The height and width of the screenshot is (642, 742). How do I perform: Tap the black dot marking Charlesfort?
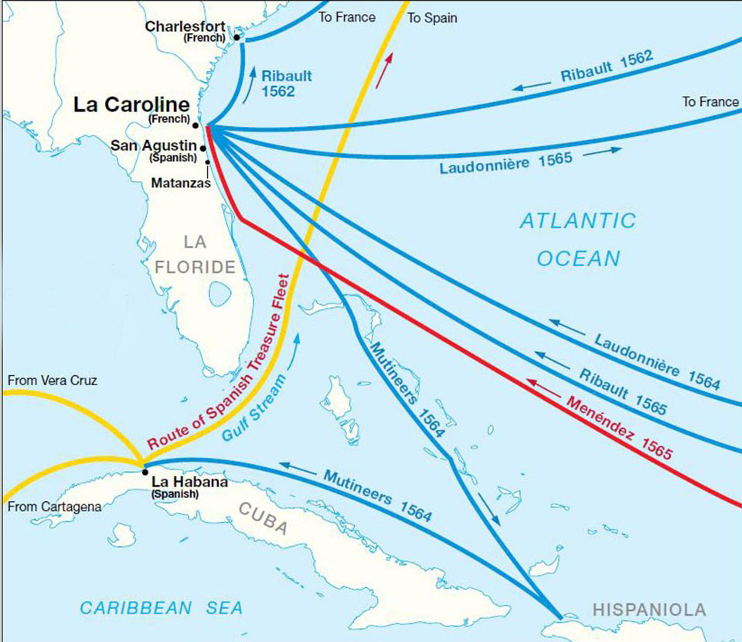237,37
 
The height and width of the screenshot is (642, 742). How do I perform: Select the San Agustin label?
153,145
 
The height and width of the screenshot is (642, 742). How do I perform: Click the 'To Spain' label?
432,18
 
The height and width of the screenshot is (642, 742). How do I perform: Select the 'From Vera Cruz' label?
52,381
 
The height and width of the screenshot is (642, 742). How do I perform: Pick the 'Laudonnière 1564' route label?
657,360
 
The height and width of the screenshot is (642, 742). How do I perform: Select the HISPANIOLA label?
648,610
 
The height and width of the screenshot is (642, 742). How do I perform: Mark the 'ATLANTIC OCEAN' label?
577,239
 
